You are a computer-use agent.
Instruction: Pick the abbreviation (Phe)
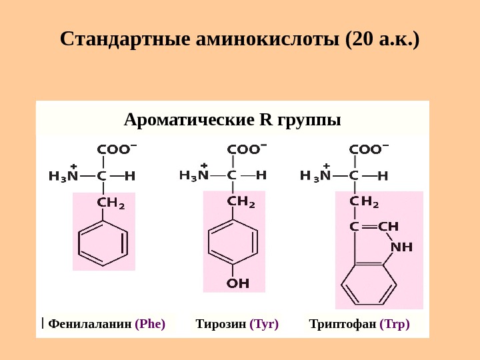[x=150, y=325]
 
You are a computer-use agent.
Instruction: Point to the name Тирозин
[x=220, y=325]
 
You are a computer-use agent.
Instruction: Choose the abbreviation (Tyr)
[x=264, y=325]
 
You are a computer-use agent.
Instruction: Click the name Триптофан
[x=342, y=325]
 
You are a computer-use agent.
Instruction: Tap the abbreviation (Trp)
[x=395, y=325]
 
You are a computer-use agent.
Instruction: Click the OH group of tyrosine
[x=238, y=283]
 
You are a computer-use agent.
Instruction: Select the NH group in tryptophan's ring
[x=401, y=247]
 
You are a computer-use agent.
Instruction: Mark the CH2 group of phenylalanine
[x=111, y=202]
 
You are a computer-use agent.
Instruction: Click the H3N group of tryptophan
[x=315, y=176]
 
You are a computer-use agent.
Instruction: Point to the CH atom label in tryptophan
[x=388, y=227]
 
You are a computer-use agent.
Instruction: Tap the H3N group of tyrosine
[x=195, y=175]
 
